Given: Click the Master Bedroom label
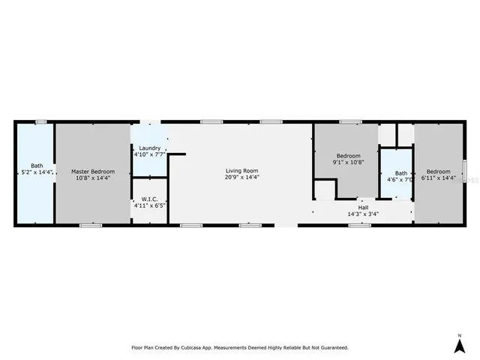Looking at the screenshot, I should [91, 171].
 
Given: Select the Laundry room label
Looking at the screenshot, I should [148, 148].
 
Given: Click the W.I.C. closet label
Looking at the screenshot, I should [148, 199].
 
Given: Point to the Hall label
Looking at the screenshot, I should [363, 208].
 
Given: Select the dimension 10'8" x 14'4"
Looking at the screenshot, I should [91, 178].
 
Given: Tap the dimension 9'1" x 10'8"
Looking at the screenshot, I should [347, 162].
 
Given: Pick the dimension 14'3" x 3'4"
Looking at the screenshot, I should [363, 214].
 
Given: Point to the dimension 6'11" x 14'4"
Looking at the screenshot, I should [439, 178].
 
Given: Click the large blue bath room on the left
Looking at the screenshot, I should [34, 195].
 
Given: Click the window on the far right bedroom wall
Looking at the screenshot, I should [465, 171].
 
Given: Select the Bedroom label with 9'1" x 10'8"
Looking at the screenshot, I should [347, 154].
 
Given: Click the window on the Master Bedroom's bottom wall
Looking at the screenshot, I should [91, 225].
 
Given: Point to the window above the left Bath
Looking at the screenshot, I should [40, 121].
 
